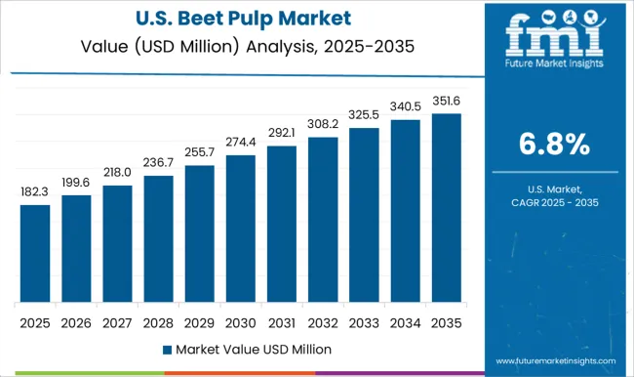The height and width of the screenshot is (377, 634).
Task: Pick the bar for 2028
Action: [x=157, y=238]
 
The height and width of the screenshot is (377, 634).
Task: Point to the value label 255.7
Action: [x=198, y=153]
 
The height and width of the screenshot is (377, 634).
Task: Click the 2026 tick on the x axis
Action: [x=75, y=319]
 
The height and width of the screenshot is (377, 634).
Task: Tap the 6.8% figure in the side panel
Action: [x=553, y=145]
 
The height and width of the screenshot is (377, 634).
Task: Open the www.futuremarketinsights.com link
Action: [x=552, y=358]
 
